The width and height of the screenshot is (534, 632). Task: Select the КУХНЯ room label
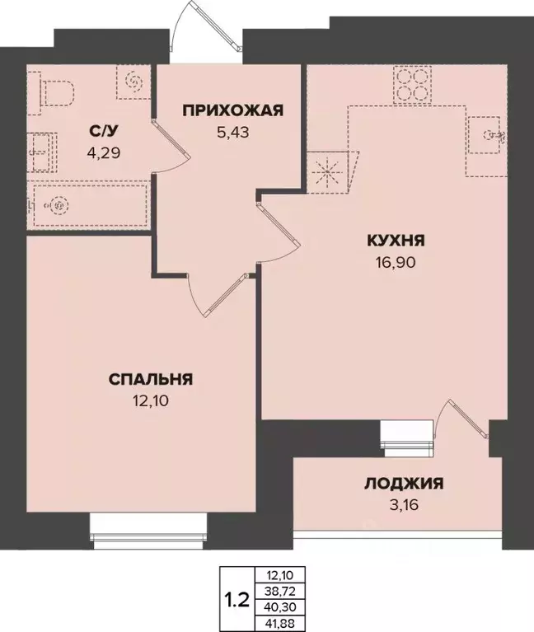tap(396, 241)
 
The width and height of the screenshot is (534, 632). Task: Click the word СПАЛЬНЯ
tap(151, 380)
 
